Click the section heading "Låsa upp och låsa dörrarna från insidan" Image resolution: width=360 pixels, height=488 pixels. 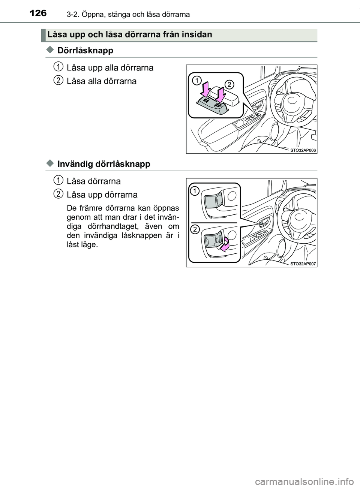coord(130,35)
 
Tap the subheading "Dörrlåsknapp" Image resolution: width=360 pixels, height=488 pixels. coord(85,50)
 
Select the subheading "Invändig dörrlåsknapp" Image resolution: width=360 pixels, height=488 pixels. coord(104,164)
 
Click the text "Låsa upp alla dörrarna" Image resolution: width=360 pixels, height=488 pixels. coord(110,68)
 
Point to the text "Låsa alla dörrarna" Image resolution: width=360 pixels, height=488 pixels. coord(101,81)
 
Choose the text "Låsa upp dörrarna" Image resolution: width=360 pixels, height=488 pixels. coord(102,195)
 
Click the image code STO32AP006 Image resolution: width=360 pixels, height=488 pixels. coord(303,150)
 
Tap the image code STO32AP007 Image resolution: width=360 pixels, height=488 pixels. coord(303,263)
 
